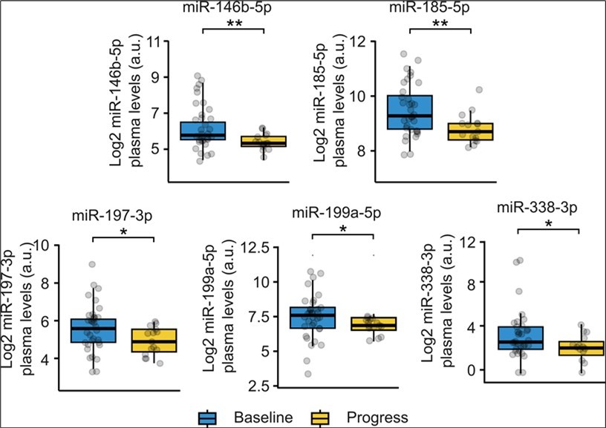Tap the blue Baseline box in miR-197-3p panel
94,331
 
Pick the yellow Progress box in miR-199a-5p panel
375,323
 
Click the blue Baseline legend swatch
208,418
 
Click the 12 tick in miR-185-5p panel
364,42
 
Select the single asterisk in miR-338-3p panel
548,225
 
